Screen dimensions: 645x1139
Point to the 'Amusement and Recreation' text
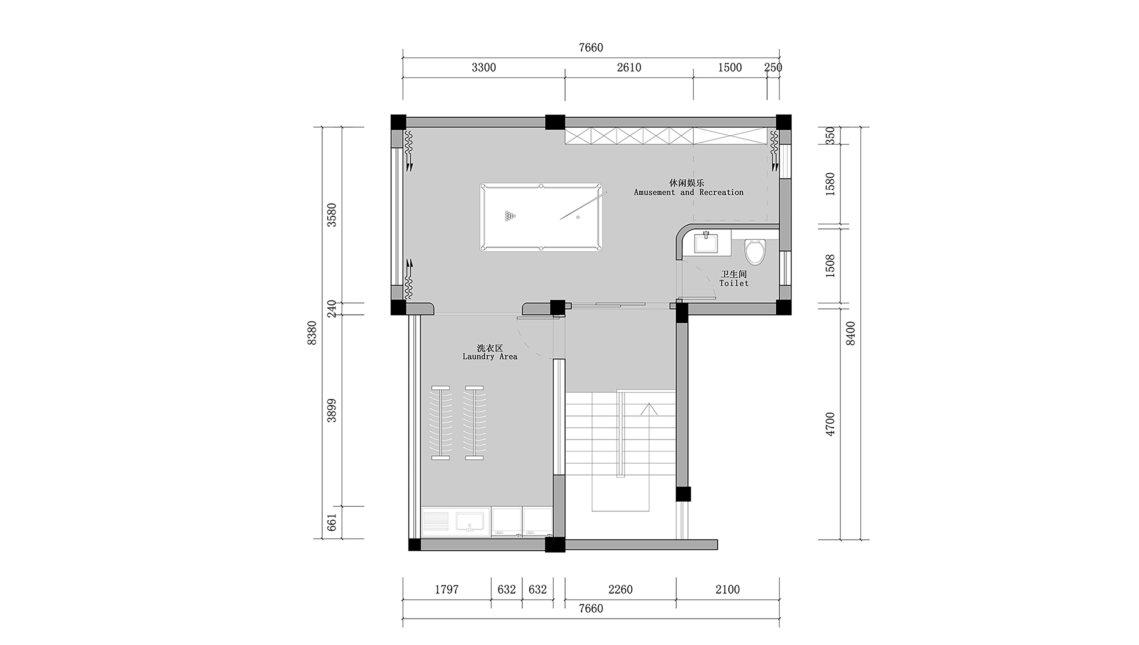pyautogui.click(x=689, y=192)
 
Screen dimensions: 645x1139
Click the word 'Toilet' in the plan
pyautogui.click(x=734, y=283)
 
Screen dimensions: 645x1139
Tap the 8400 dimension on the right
pyautogui.click(x=851, y=333)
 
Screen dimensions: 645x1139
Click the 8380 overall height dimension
pyautogui.click(x=312, y=333)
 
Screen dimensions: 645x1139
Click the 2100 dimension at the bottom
pyautogui.click(x=727, y=590)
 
